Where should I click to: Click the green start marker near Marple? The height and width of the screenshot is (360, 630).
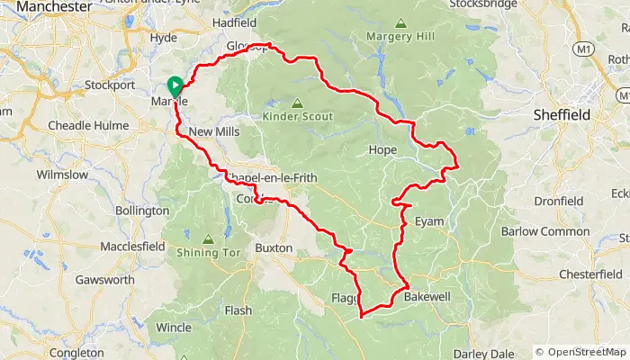tap(174, 86)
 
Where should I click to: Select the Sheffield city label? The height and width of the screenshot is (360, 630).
tap(560, 115)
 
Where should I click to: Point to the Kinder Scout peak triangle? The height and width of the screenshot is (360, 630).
tap(297, 103)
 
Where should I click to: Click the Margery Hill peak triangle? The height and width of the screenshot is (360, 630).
tap(400, 24)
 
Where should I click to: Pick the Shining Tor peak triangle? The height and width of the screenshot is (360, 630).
tap(209, 239)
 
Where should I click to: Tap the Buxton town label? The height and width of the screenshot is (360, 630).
tap(274, 247)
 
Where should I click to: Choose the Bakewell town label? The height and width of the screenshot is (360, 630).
tap(426, 296)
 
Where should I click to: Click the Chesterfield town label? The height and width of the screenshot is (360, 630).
tap(572, 273)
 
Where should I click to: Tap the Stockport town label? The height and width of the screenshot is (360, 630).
tap(109, 85)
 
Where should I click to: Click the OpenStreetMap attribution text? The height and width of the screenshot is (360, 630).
tap(581, 352)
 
